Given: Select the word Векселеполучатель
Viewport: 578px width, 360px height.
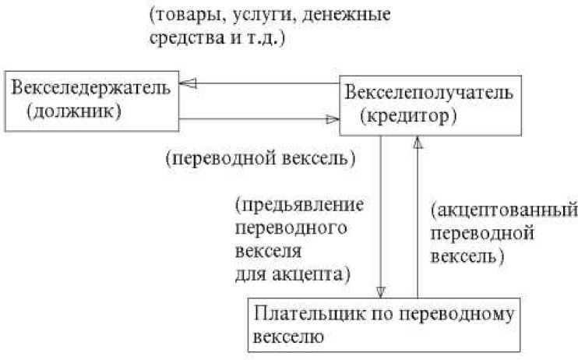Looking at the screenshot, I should coord(428,94).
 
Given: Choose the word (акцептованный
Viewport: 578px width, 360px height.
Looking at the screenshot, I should coord(502,210).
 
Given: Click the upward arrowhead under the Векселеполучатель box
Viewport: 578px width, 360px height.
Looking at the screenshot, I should coord(418,145).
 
